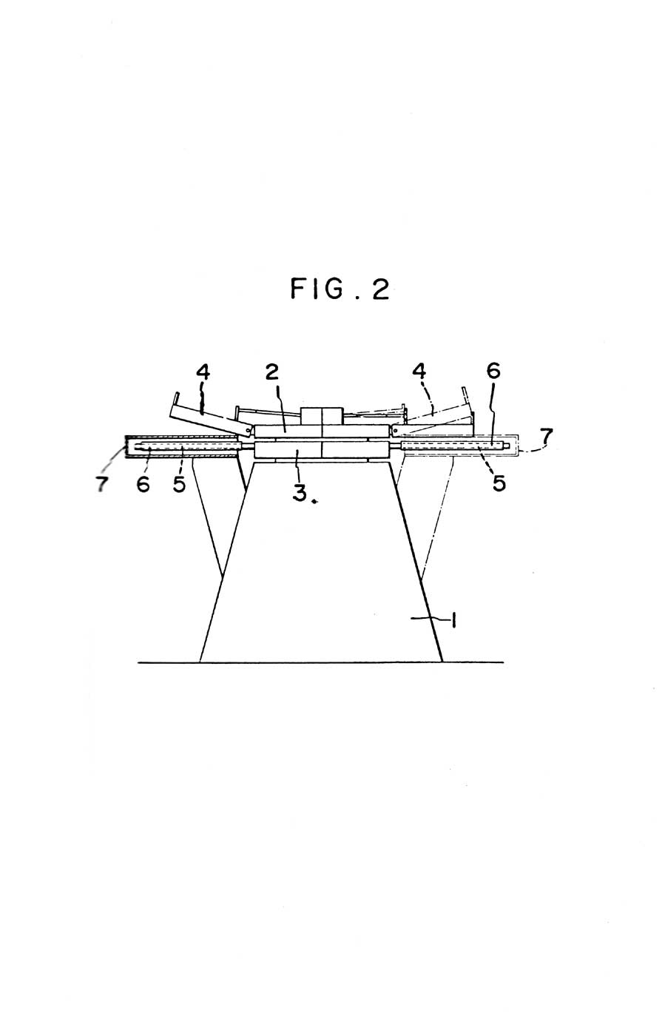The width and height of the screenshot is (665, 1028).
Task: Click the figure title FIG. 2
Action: (x=340, y=289)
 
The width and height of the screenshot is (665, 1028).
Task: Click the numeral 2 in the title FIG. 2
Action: (x=381, y=289)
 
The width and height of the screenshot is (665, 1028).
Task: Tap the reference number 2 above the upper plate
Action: (x=272, y=373)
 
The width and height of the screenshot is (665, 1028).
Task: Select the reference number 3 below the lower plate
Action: (x=299, y=493)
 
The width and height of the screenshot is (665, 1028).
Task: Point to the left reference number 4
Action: (x=203, y=372)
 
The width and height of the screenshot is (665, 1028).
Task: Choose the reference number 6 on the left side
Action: (x=143, y=483)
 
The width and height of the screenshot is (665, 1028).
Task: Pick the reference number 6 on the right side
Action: (x=493, y=371)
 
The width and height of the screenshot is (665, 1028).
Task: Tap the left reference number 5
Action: (x=179, y=483)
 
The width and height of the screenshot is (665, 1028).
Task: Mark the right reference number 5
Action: (x=499, y=483)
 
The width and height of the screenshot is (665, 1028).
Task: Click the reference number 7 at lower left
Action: (x=102, y=484)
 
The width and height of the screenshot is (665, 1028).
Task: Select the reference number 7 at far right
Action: (x=546, y=437)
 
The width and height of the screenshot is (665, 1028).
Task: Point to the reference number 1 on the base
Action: (x=453, y=621)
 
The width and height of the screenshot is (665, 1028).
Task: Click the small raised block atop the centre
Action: (x=322, y=416)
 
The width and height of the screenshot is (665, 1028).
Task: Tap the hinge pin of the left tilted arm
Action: (x=248, y=431)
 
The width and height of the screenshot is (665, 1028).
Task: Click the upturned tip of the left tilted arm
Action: (x=176, y=399)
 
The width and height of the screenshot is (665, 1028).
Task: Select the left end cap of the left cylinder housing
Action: (x=126, y=447)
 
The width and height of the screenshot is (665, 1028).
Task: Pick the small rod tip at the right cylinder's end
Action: (x=507, y=445)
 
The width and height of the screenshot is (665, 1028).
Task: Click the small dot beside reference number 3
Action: (x=314, y=502)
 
